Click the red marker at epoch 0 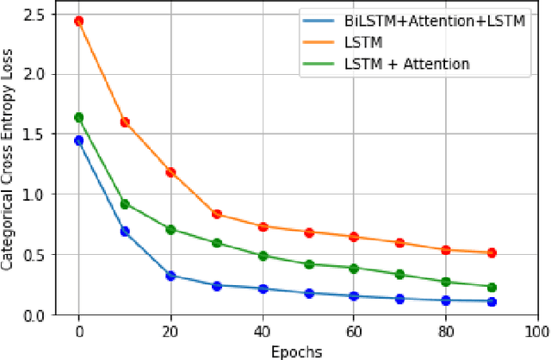(x=79, y=21)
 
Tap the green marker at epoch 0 (x=79, y=117)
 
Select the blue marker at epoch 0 (x=79, y=140)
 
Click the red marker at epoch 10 (x=125, y=122)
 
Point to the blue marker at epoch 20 (x=170, y=276)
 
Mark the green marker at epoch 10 (x=125, y=204)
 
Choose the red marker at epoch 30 (x=217, y=214)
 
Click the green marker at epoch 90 (x=492, y=287)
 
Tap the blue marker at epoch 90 (x=492, y=301)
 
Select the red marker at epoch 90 (x=492, y=253)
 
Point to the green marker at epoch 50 (x=308, y=264)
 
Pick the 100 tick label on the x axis (x=536, y=331)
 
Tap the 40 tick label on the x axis (x=263, y=331)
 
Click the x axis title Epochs (x=297, y=351)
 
